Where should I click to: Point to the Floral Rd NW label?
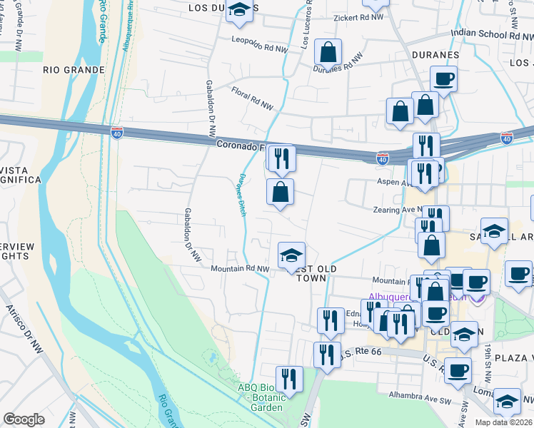(252, 98)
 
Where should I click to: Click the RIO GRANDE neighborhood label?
(74, 70)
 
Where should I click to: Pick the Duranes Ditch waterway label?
(243, 190)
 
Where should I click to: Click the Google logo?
(24, 419)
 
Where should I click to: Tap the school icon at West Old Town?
(291, 255)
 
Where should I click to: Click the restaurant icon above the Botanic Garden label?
(289, 377)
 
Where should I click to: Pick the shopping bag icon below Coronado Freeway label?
(281, 191)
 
